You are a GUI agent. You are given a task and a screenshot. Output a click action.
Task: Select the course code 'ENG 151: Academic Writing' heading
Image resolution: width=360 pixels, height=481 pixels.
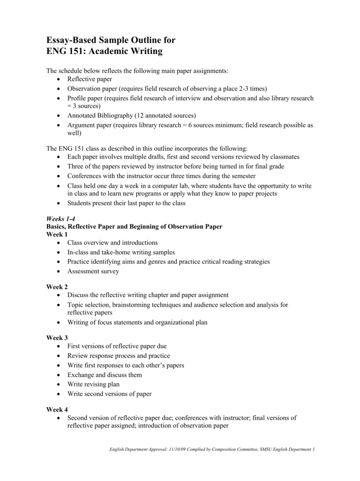coord(104,52)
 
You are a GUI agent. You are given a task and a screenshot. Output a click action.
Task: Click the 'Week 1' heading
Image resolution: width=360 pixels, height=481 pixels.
coord(57,234)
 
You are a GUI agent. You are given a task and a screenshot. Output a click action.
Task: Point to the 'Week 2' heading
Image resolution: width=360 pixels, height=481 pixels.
coord(57,287)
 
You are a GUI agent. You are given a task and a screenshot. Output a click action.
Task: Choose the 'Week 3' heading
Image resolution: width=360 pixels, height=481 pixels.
coord(57,338)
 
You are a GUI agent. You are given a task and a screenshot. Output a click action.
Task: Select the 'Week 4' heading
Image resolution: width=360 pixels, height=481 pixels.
coord(57,410)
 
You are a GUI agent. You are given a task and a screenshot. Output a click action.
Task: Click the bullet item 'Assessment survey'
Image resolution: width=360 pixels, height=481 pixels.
coord(93,271)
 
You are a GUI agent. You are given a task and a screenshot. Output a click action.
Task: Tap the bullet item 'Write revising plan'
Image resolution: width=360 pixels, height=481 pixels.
coord(93,384)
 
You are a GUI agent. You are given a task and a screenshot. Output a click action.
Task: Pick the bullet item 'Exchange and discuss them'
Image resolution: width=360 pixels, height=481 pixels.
coord(104,375)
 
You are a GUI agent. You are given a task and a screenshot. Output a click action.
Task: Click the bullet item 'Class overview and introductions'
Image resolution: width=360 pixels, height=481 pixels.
coord(113,243)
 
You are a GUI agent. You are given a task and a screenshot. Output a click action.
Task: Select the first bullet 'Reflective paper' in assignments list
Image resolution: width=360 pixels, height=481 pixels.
coord(90,79)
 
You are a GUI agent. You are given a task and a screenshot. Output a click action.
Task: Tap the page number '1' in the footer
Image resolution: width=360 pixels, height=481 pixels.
coord(313,450)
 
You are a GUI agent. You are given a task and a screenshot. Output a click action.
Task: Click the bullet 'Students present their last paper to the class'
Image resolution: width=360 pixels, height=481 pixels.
coord(126,203)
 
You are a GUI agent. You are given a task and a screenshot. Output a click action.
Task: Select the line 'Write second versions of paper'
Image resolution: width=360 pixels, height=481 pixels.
coord(109,394)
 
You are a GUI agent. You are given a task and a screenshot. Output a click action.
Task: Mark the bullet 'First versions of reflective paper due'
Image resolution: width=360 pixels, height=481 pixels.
coord(117,346)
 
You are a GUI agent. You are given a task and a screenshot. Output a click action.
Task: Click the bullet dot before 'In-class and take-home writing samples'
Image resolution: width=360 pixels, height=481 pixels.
coord(57,252)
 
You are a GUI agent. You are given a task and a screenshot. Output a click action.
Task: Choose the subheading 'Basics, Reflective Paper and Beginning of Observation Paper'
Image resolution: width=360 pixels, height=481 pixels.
coord(134,226)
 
